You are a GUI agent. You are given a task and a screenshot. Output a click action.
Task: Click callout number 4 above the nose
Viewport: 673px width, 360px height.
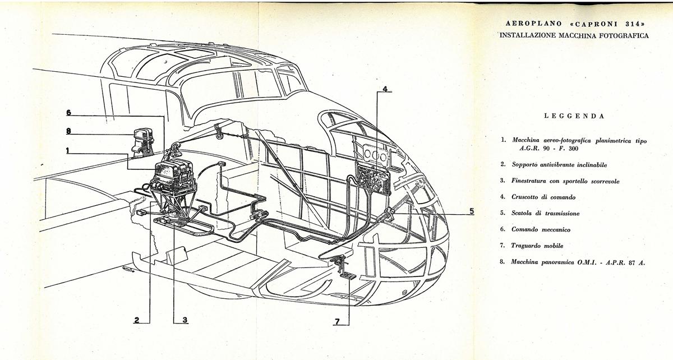coord(385,89)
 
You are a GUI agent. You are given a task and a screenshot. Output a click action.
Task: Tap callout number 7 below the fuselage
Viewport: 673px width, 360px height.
coord(337,321)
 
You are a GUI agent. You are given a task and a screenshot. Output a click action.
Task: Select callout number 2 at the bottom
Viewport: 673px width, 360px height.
coord(137,320)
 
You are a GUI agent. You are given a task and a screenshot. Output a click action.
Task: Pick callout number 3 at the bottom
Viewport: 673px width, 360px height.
coord(185,320)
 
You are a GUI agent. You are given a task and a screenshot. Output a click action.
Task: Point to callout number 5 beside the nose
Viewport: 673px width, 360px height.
coord(472,211)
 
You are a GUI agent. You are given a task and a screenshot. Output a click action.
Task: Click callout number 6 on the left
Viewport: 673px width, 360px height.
coord(69,113)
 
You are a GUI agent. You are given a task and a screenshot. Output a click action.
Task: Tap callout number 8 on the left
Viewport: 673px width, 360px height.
coord(69,131)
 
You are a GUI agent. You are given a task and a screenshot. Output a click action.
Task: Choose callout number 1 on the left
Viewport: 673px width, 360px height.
coord(68,150)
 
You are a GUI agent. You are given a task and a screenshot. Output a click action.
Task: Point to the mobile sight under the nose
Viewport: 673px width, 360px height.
coord(343,267)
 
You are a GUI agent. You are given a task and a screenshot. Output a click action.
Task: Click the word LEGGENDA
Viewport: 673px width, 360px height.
coord(574,116)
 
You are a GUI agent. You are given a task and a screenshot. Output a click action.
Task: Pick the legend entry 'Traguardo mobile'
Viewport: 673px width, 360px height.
coord(537,246)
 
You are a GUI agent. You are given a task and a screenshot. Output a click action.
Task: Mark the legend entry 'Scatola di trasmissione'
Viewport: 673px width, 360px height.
coord(545,213)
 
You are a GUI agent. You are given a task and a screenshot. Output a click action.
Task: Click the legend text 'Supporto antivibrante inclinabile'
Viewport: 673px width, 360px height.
coord(560,165)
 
